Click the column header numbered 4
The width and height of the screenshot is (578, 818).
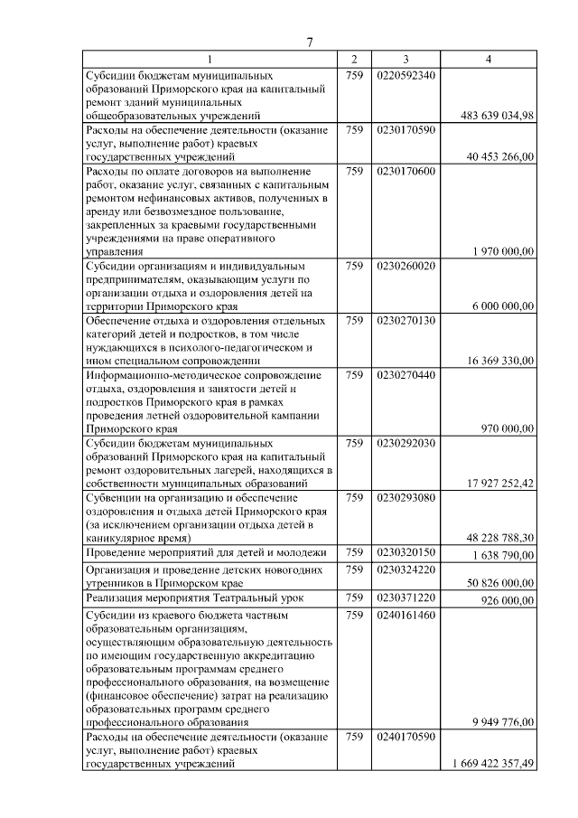(489, 60)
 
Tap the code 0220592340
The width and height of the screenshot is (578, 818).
(406, 75)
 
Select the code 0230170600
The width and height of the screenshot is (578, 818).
(406, 171)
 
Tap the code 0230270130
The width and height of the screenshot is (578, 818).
(406, 321)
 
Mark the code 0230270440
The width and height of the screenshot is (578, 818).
(406, 375)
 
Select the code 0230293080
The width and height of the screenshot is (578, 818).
(406, 498)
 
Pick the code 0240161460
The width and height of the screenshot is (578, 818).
(406, 615)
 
